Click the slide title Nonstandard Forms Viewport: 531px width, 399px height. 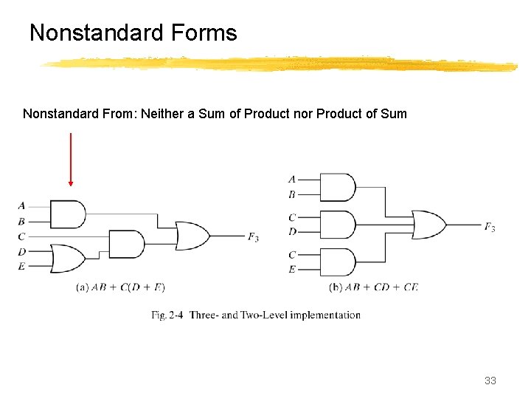pos(133,33)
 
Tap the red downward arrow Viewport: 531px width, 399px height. pos(71,159)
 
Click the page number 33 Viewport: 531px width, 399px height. pos(490,381)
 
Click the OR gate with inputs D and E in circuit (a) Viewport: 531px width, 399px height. pos(68,259)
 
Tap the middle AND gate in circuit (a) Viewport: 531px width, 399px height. pos(126,244)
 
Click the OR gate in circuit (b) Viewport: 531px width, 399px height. pos(428,225)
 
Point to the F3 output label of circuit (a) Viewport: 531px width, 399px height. pos(253,237)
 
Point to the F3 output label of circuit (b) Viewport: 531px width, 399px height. pos(490,227)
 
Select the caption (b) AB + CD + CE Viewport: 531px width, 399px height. pos(373,287)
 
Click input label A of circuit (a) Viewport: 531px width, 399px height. pos(21,205)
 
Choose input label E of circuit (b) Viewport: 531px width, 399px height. pos(293,269)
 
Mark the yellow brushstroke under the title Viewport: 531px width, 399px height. pos(280,65)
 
